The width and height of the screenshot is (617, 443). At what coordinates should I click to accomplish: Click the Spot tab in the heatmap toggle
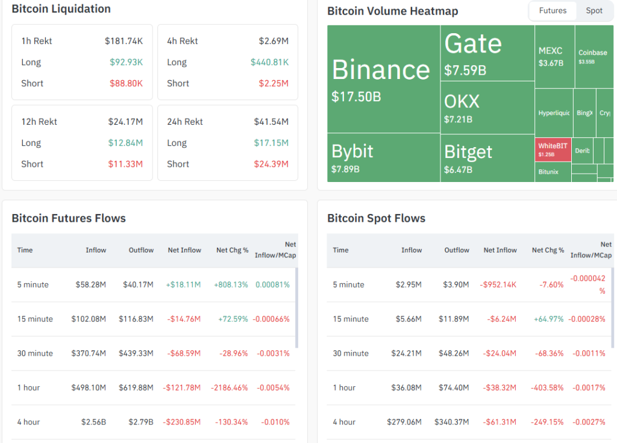click(594, 11)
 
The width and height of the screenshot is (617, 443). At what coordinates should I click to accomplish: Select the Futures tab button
click(553, 11)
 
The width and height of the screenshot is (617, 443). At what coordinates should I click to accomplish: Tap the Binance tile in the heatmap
click(383, 78)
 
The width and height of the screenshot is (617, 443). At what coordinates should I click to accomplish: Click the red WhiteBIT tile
click(553, 149)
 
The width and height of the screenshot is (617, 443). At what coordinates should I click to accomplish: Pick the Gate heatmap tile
click(487, 53)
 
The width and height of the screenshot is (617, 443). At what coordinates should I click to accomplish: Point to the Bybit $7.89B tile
click(383, 157)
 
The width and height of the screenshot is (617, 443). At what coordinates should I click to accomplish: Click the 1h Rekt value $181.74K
click(124, 41)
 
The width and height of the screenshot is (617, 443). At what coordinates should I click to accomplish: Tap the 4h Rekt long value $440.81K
click(269, 62)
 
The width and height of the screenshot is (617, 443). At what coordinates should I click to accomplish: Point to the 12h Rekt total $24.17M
click(125, 122)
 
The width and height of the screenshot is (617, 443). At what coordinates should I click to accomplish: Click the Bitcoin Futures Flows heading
click(69, 218)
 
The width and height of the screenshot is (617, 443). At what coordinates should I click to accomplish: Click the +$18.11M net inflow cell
click(184, 284)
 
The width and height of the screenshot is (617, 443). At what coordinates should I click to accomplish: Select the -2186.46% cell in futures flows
click(229, 388)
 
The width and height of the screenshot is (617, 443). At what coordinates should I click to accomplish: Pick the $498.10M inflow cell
click(89, 388)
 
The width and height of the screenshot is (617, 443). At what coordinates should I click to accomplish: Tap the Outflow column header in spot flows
click(457, 250)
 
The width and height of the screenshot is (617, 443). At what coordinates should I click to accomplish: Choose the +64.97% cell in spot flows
click(548, 319)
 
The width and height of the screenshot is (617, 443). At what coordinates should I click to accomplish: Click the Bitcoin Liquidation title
click(61, 9)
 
